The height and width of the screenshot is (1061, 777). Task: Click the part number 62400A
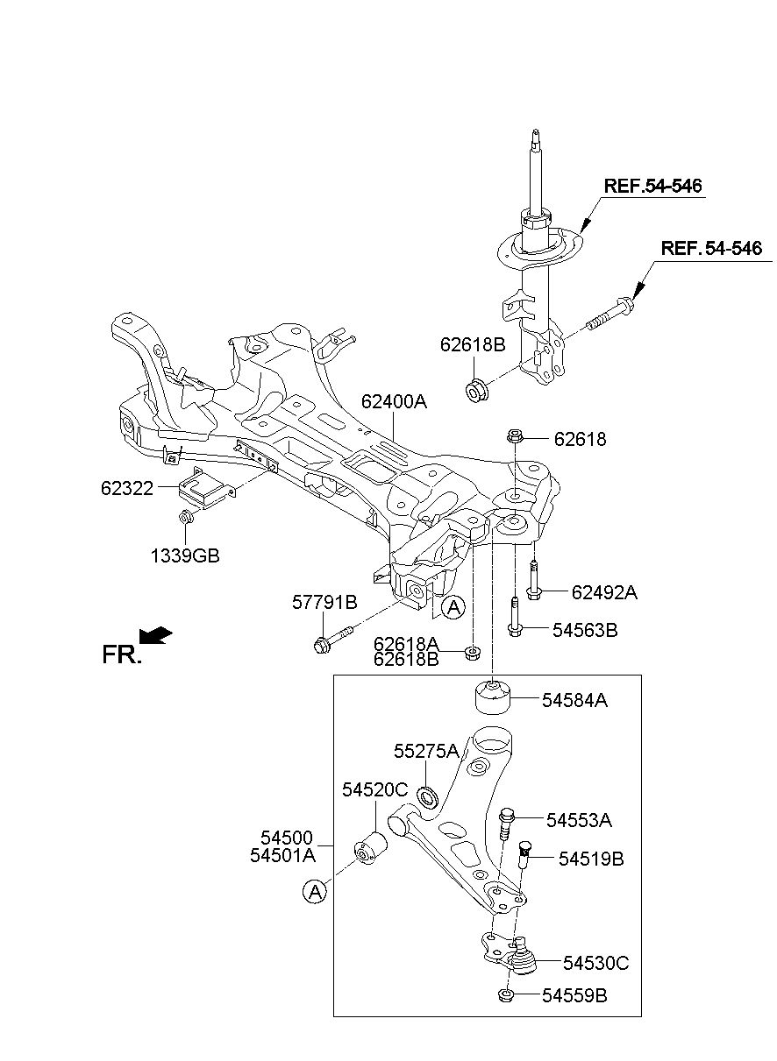(394, 401)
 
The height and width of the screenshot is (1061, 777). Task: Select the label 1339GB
(185, 555)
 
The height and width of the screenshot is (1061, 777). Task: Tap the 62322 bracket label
(127, 488)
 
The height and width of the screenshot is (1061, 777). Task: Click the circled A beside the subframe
(453, 607)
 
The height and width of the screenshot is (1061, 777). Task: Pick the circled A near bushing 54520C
(315, 892)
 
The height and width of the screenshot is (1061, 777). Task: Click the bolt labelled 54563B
(515, 617)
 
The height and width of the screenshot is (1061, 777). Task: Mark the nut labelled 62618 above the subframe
(515, 435)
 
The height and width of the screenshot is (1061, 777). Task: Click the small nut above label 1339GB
(185, 517)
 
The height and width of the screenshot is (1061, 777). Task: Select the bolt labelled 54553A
(506, 824)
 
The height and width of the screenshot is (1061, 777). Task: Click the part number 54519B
(591, 859)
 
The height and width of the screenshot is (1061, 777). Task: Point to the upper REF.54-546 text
(652, 186)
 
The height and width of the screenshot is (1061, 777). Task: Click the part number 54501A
(283, 855)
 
